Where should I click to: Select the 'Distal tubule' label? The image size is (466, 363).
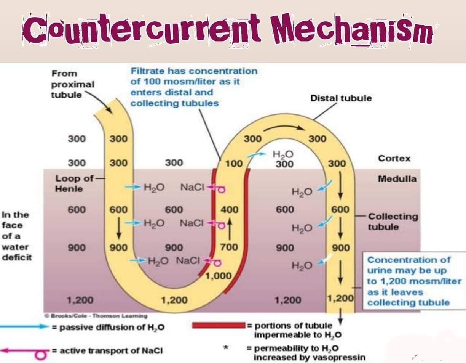(x=341, y=98)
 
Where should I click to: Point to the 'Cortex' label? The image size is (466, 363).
(x=394, y=158)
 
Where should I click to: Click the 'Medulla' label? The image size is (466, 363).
(x=397, y=178)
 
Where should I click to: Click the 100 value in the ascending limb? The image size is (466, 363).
(x=233, y=164)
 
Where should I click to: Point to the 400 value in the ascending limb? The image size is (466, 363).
(x=229, y=210)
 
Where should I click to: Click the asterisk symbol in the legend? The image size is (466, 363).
(x=227, y=348)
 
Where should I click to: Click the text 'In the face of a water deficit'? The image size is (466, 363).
(x=16, y=236)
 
